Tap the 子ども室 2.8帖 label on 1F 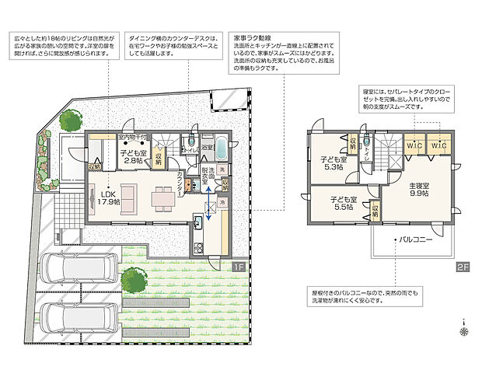point(134,158)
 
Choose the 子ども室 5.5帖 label point(339,204)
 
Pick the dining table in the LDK point(162,198)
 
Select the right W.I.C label point(438,145)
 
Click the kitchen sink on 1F point(197,225)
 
